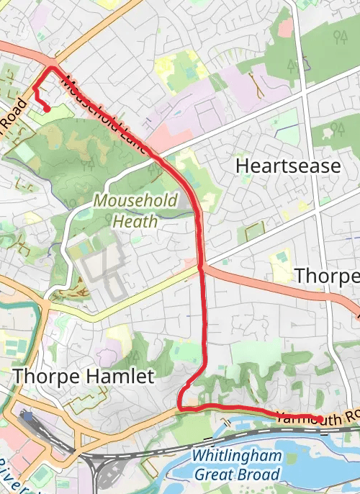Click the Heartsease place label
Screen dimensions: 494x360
[288, 166]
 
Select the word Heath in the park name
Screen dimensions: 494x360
[135, 220]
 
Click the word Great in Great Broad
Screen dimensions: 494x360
[214, 475]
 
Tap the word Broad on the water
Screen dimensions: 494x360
[257, 475]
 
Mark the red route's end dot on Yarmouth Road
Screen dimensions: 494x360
[318, 418]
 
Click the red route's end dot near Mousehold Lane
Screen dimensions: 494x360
[47, 109]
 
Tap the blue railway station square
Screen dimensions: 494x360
[27, 416]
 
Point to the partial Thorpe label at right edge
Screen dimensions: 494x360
[327, 276]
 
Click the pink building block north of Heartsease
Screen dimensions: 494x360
[286, 28]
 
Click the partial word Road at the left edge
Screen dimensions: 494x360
[13, 115]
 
